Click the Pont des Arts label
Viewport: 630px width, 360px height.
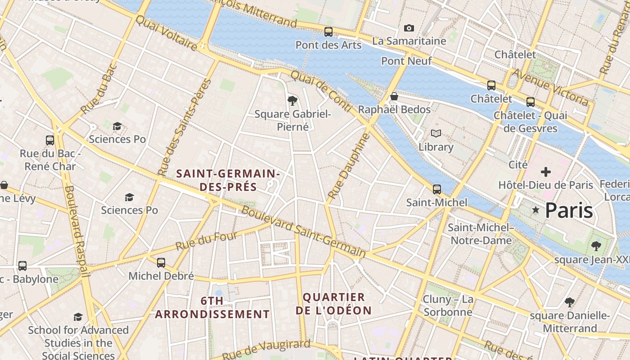pyautogui.click(x=328, y=45)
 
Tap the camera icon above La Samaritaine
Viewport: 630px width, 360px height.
pyautogui.click(x=409, y=28)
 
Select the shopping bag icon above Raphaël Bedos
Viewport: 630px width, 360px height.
pyautogui.click(x=394, y=96)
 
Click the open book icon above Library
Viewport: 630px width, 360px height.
pyautogui.click(x=436, y=134)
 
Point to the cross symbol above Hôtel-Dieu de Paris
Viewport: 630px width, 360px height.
pyautogui.click(x=546, y=171)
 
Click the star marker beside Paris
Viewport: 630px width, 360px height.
pyautogui.click(x=535, y=210)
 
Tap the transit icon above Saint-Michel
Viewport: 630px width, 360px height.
pyautogui.click(x=436, y=189)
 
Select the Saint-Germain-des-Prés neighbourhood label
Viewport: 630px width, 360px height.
pyautogui.click(x=228, y=180)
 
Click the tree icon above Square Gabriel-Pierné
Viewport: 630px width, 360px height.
pyautogui.click(x=292, y=100)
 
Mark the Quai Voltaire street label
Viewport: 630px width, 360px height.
pyautogui.click(x=166, y=33)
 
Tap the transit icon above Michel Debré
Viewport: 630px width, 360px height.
pyautogui.click(x=161, y=263)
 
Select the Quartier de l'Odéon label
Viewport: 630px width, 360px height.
pyautogui.click(x=333, y=304)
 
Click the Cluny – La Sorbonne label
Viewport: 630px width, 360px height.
pyautogui.click(x=448, y=306)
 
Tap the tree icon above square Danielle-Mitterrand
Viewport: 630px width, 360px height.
pyautogui.click(x=570, y=302)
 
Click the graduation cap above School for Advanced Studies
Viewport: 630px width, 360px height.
pyautogui.click(x=78, y=317)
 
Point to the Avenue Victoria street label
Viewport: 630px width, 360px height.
pyautogui.click(x=550, y=87)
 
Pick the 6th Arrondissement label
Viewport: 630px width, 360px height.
pyautogui.click(x=212, y=307)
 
